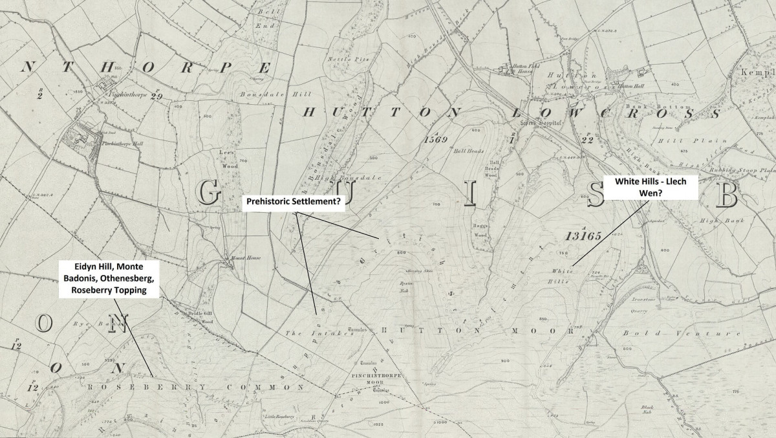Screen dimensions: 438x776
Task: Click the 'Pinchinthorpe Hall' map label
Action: coord(120,144)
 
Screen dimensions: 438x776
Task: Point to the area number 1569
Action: coord(436,139)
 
